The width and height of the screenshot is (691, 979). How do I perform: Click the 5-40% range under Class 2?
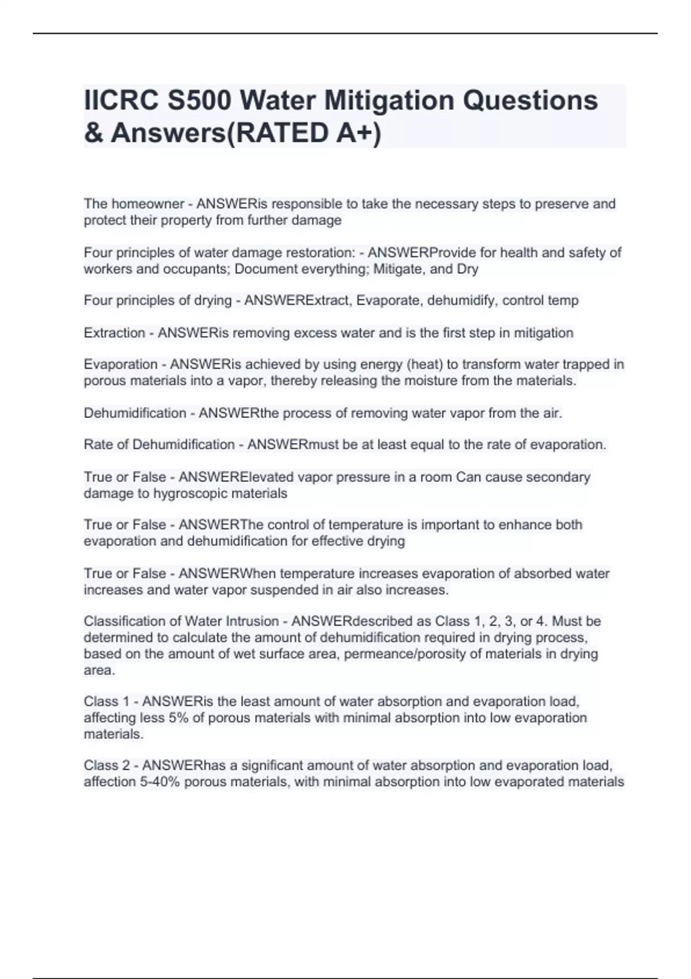(x=160, y=782)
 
